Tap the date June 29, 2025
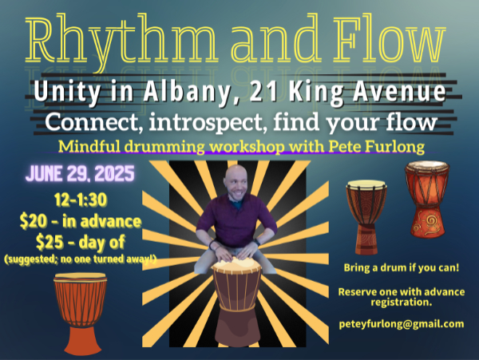(x=80, y=173)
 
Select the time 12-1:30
(x=81, y=200)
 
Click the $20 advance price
(x=81, y=221)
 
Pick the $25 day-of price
(x=81, y=242)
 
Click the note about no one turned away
(x=81, y=259)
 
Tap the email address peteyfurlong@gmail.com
(x=402, y=323)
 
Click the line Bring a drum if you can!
(x=402, y=267)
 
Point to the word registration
(x=402, y=303)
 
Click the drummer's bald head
(x=236, y=177)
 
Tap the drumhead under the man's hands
(x=236, y=265)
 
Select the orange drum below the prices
(x=81, y=314)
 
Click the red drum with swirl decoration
(x=427, y=200)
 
